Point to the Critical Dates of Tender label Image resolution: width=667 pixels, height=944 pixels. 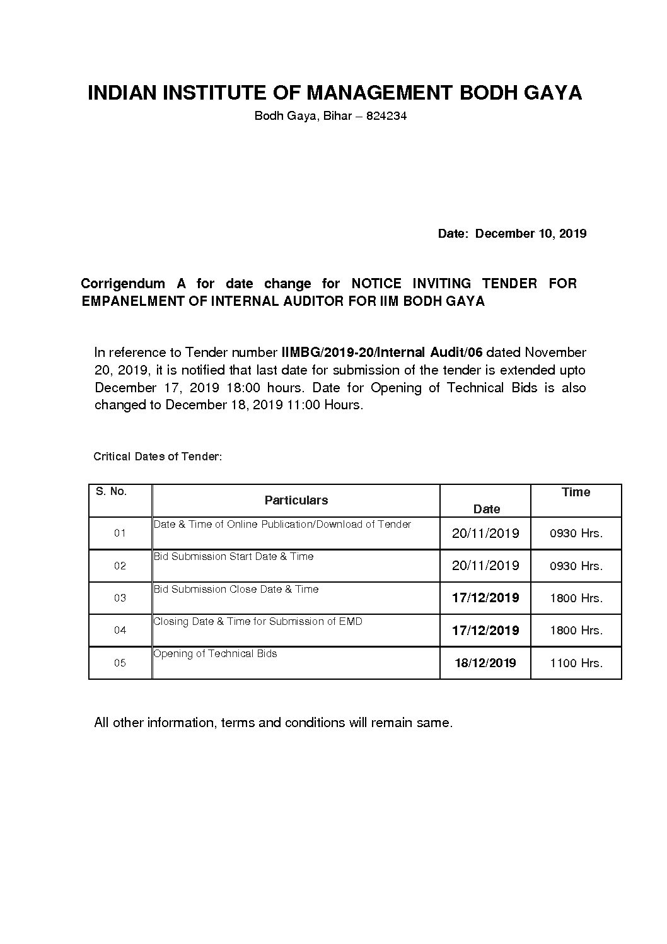(x=158, y=456)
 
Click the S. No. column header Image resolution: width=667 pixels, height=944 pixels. (x=112, y=491)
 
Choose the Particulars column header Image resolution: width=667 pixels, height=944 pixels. (x=296, y=500)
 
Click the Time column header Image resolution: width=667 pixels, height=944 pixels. (x=576, y=492)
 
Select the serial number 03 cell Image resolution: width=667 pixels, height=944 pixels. (x=120, y=598)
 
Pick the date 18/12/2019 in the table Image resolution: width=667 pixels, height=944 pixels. (x=485, y=663)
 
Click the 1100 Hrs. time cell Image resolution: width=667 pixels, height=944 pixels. (x=576, y=663)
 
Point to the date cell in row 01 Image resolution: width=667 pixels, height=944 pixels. (x=485, y=533)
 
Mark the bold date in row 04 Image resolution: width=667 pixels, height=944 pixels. (x=485, y=630)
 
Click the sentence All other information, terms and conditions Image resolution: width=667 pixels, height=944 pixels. (x=273, y=723)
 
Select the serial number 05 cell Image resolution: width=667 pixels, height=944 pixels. (x=120, y=663)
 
